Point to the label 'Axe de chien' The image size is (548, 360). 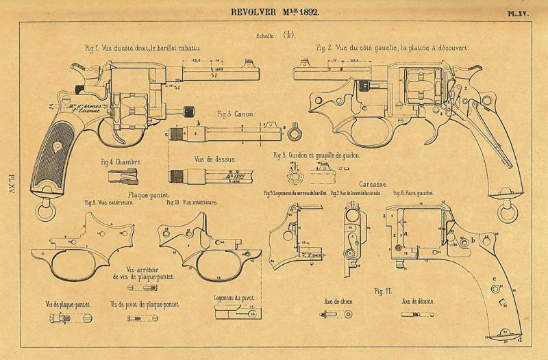pos(338,301)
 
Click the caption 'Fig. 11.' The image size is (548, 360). pos(383,291)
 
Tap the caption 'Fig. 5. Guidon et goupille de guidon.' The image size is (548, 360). pos(316,155)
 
